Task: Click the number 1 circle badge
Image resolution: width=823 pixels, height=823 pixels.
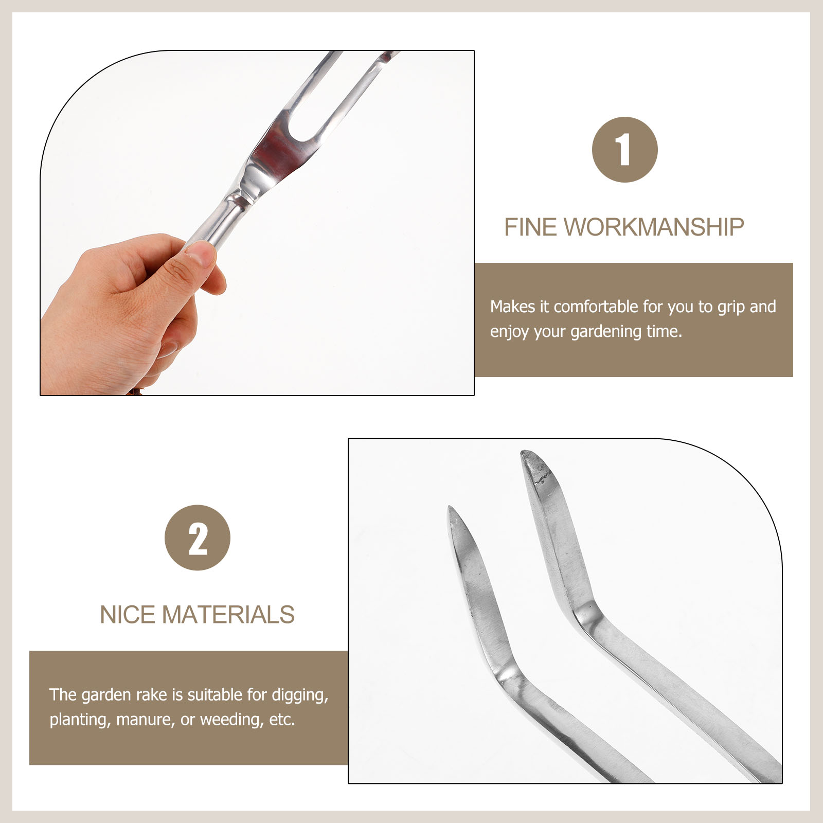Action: pos(624,150)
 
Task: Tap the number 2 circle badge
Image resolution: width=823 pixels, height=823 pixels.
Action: pos(198,538)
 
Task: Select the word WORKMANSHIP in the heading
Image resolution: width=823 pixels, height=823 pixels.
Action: pos(654,227)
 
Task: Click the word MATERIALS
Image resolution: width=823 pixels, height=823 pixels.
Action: pos(229,615)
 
